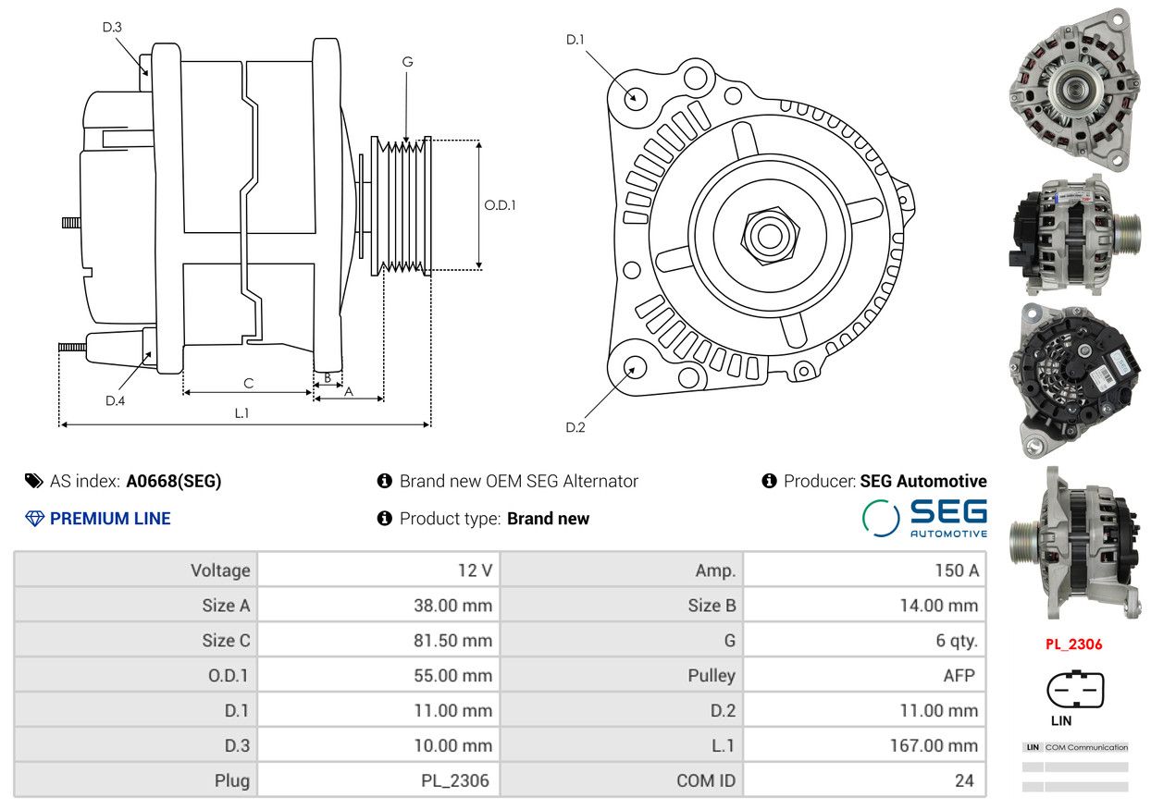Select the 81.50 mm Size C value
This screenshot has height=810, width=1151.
click(x=452, y=641)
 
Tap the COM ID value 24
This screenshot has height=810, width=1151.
click(x=964, y=780)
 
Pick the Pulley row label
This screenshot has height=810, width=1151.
click(x=712, y=676)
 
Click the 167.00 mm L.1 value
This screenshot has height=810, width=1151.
click(x=934, y=746)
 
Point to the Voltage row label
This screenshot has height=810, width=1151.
click(x=220, y=571)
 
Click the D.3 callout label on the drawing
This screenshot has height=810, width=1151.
click(x=112, y=27)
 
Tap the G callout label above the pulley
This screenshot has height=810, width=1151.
click(x=407, y=62)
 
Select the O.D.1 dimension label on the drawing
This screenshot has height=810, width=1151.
click(x=500, y=205)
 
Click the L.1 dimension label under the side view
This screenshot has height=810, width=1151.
click(x=241, y=413)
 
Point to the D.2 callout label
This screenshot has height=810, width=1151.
click(x=575, y=427)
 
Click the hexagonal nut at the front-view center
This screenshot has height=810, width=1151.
click(x=770, y=235)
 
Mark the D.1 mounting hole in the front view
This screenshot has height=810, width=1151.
click(x=635, y=98)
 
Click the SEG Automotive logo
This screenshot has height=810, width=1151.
click(x=924, y=518)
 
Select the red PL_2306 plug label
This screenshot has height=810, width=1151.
click(x=1074, y=644)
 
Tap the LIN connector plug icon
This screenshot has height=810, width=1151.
click(x=1075, y=689)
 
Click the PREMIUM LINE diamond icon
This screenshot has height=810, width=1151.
click(x=34, y=519)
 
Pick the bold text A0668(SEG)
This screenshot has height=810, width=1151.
click(x=174, y=481)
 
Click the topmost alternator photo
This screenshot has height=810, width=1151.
click(x=1074, y=89)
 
